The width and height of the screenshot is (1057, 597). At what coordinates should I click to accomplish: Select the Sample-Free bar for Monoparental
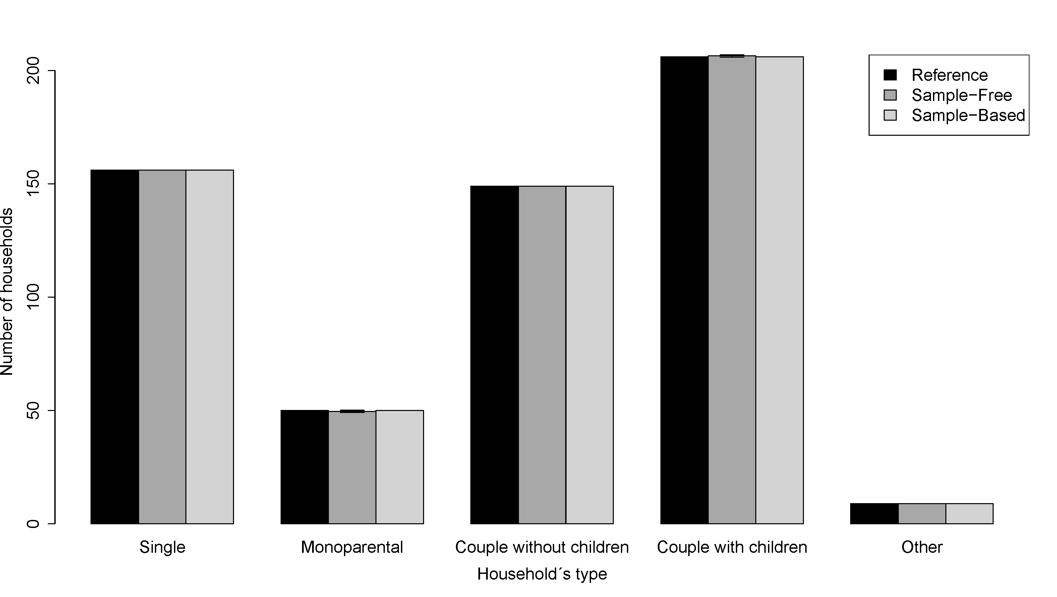click(352, 467)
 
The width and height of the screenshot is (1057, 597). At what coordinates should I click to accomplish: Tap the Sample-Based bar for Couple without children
click(590, 355)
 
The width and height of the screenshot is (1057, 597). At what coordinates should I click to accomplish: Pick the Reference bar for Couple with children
click(685, 290)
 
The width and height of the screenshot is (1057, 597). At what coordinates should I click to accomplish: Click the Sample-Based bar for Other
click(970, 514)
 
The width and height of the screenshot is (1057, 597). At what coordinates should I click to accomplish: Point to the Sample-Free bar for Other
click(922, 514)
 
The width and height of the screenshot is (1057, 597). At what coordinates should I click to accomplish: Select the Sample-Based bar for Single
click(210, 347)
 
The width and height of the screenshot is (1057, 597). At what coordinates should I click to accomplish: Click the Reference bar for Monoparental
click(304, 467)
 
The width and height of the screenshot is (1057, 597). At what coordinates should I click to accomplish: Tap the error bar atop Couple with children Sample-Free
click(732, 56)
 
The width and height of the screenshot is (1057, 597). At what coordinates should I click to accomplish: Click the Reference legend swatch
click(890, 75)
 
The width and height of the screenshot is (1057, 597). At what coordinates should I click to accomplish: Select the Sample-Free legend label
click(962, 96)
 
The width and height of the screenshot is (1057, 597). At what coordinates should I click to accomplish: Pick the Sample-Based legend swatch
click(890, 115)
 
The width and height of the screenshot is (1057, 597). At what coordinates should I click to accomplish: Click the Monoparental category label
click(352, 547)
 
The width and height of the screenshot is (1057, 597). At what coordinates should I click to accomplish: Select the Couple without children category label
click(542, 547)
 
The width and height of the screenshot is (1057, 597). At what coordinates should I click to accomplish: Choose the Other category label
click(922, 547)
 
